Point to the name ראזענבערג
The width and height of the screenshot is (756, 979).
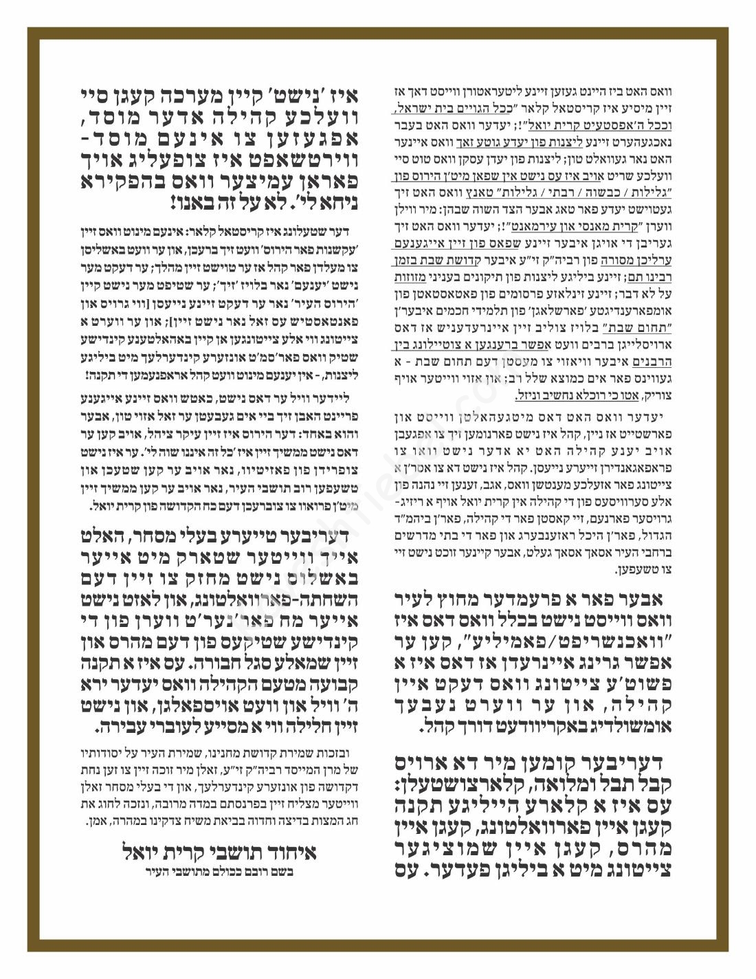point(554,535)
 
